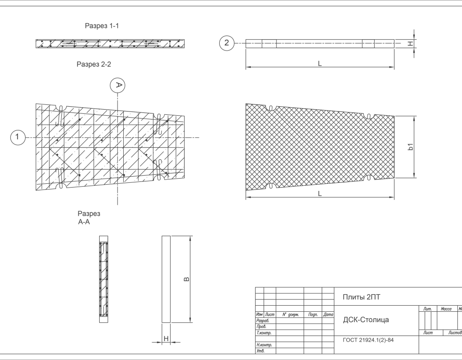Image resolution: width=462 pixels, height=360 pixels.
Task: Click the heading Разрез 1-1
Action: [101, 26]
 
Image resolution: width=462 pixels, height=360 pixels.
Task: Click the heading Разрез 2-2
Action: [94, 64]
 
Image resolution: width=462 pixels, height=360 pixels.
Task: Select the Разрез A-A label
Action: [89, 217]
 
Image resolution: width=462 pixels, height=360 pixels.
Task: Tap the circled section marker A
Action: [118, 85]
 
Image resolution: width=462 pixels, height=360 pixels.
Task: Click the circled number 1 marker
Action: [17, 137]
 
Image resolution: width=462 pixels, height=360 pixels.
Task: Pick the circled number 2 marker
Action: [227, 44]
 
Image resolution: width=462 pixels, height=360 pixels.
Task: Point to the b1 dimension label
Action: [411, 147]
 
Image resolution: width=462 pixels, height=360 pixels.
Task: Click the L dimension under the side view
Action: [320, 64]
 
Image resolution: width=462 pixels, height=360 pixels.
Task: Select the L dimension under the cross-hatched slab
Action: [320, 194]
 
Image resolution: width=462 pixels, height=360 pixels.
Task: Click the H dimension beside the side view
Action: [411, 44]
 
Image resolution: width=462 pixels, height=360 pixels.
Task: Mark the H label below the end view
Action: [166, 338]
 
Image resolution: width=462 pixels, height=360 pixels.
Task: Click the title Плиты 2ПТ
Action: [361, 297]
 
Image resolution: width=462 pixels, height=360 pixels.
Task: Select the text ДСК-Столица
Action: [366, 320]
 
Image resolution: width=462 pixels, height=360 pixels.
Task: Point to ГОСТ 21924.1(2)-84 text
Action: [368, 341]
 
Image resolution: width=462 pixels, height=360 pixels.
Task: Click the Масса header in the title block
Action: [446, 309]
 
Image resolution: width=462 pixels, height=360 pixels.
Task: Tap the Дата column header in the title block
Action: [328, 314]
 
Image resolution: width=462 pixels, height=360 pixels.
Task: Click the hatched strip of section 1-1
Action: [110, 44]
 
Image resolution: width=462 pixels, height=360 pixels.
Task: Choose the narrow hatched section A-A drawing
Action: [103, 279]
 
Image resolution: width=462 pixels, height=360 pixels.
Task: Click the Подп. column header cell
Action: [312, 314]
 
